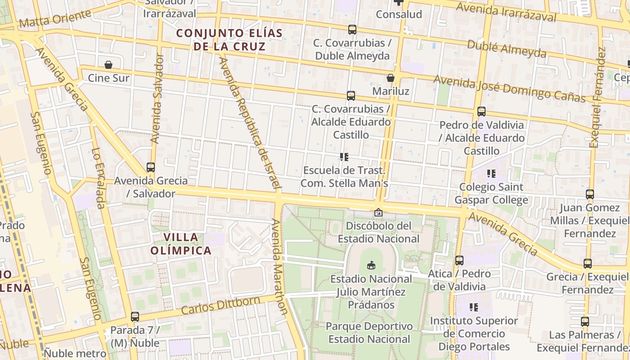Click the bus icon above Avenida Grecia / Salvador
tap(151, 167)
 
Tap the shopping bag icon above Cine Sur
tap(108, 65)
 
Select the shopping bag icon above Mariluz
tap(391, 78)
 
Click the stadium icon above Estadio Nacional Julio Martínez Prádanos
tap(371, 265)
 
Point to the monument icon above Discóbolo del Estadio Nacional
tap(378, 212)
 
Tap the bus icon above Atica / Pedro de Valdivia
tap(459, 260)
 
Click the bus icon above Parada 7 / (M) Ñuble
tap(135, 316)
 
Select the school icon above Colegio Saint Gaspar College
tap(491, 173)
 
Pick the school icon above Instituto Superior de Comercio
tap(474, 307)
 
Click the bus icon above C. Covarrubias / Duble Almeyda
tap(352, 30)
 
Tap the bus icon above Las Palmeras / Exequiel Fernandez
tap(585, 321)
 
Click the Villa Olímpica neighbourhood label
tap(181, 244)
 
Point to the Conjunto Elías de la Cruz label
tap(229, 40)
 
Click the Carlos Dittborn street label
tap(220, 306)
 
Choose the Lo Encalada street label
tap(99, 179)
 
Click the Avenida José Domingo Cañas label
tap(509, 89)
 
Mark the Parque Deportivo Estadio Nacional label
tap(369, 333)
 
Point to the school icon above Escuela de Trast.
tap(344, 157)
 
